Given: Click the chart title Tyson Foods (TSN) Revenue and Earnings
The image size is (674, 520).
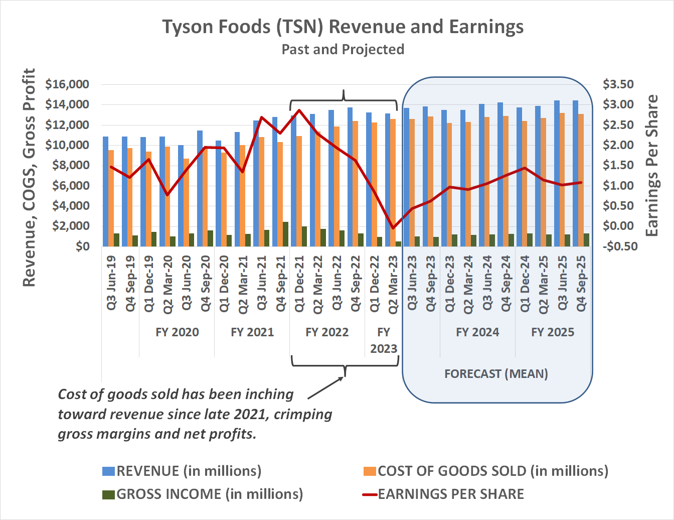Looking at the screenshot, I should tap(343, 27).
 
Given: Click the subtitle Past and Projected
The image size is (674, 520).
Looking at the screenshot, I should tap(343, 50).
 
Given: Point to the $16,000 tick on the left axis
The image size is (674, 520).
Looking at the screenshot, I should tap(67, 84).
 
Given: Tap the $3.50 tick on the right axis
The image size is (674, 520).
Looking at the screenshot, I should tap(618, 84).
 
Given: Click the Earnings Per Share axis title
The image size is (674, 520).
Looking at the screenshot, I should tap(651, 166).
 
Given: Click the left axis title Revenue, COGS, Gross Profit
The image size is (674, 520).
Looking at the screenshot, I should tap(29, 178).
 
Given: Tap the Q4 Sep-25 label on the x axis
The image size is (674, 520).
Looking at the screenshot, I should tap(581, 283).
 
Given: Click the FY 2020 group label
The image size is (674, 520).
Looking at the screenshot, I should tap(177, 332).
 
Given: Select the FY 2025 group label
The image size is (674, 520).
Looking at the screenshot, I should tap(553, 332).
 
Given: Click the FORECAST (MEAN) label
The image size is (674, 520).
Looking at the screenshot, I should tap(496, 374).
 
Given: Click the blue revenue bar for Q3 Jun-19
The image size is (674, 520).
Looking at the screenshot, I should tap(106, 191).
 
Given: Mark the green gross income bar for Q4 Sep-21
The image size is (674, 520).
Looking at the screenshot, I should tap(285, 234).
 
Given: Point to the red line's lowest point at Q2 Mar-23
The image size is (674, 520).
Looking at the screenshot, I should tap(393, 228).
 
